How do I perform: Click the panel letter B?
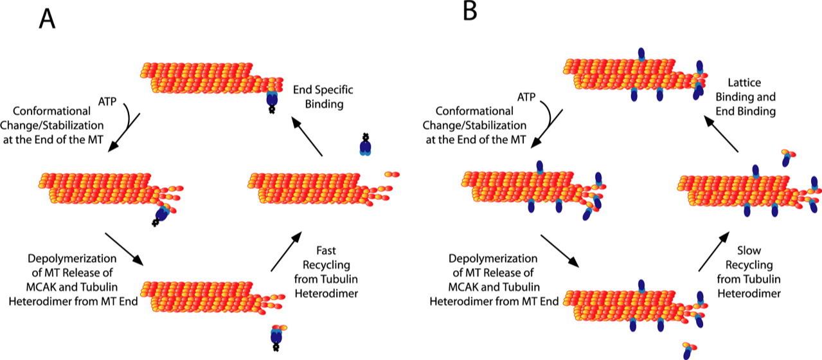pos(470,12)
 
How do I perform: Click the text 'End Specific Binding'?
pos(323,96)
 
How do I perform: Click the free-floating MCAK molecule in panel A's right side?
pos(366,146)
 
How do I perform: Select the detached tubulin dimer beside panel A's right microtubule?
pos(391,174)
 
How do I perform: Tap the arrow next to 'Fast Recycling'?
pos(284,251)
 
